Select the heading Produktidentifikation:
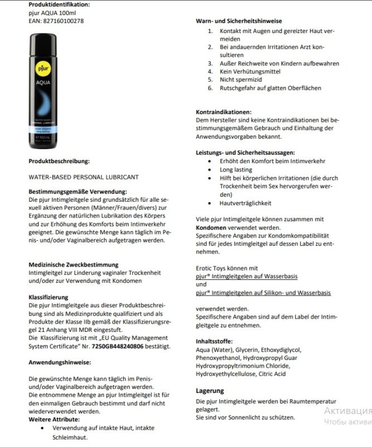(59, 4)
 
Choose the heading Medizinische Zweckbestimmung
(73, 264)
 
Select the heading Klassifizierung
(48, 297)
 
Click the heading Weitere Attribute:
(54, 419)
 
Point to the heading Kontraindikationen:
(224, 112)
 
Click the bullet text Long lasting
(236, 169)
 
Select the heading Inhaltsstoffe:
(215, 341)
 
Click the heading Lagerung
(210, 391)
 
